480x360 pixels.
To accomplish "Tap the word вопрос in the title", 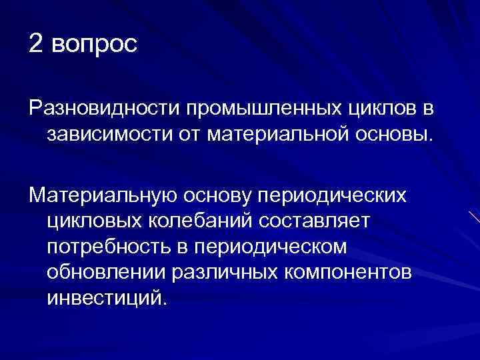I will (94, 45).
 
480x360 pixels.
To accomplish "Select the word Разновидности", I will (105, 107).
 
